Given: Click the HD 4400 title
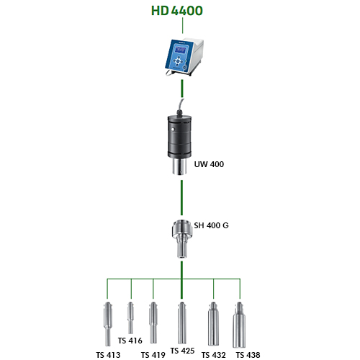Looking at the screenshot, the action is pos(177,11).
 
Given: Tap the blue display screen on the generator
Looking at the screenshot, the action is pos(180,50).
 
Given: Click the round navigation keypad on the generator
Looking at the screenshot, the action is pos(178,61).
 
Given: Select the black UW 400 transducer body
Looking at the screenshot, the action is pos(179,136).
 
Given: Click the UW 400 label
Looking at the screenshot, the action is pos(209,164).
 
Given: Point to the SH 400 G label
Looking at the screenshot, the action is pos(211,225).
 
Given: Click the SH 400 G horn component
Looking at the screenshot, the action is pos(182,239).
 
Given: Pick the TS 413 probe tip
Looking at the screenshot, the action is pos(108,324).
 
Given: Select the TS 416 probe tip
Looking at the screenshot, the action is pos(130,318).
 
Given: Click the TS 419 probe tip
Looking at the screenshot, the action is pos(153,323).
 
